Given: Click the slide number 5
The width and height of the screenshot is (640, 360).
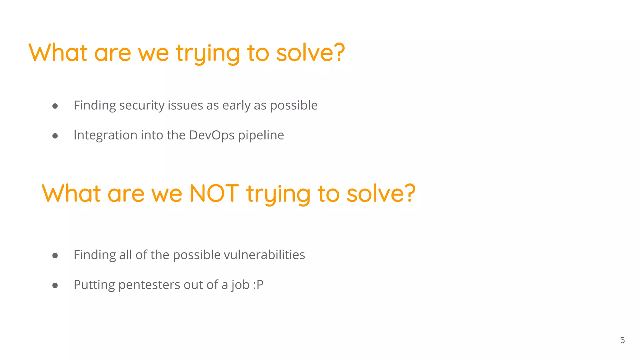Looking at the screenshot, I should pyautogui.click(x=622, y=340).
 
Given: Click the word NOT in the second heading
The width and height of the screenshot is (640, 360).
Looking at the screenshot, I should pyautogui.click(x=214, y=193).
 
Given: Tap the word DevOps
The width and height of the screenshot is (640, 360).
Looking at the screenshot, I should pyautogui.click(x=212, y=135).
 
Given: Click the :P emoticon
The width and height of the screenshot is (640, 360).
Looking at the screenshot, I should pyautogui.click(x=258, y=285).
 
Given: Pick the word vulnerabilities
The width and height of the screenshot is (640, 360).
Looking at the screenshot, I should pyautogui.click(x=264, y=255).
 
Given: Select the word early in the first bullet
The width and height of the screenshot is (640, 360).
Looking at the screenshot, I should pyautogui.click(x=236, y=106).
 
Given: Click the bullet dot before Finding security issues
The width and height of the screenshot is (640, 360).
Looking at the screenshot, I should pyautogui.click(x=55, y=106).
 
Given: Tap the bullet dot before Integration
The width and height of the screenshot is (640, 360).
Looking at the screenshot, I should pyautogui.click(x=55, y=136).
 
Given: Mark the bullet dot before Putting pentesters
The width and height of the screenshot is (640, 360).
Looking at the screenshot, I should pyautogui.click(x=55, y=285).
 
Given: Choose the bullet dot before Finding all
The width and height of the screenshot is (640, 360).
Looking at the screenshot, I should pyautogui.click(x=55, y=256).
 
